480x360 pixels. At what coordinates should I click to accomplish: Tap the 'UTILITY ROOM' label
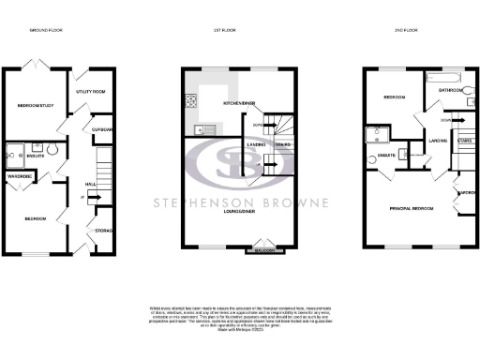tap(95, 92)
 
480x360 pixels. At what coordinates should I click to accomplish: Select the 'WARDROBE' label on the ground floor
tap(21, 176)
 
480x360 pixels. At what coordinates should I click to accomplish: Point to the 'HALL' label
tap(91, 185)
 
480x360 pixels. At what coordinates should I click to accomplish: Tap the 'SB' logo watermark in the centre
tap(239, 164)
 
